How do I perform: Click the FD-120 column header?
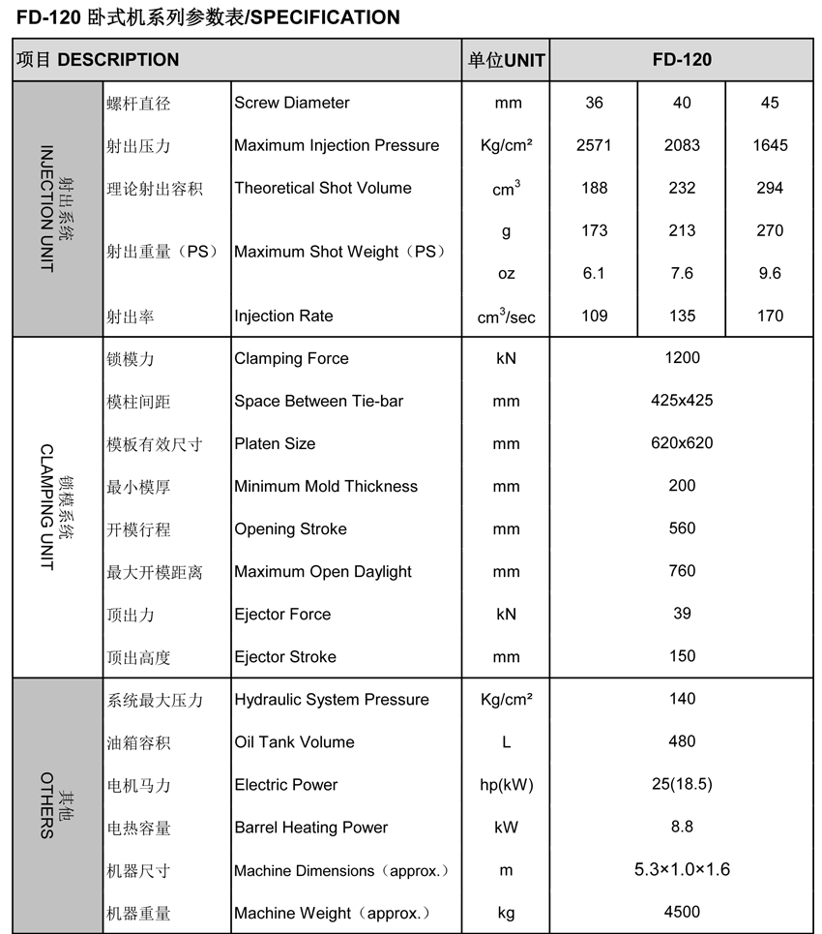click(682, 60)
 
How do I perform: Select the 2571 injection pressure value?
click(594, 145)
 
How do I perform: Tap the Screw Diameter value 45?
click(770, 103)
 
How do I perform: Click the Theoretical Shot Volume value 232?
click(682, 188)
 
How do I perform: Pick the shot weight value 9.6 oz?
click(770, 273)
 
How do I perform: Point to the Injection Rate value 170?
click(770, 316)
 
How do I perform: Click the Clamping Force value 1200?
click(682, 358)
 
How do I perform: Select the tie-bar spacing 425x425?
click(682, 401)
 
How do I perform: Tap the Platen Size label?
click(275, 443)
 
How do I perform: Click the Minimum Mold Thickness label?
click(326, 486)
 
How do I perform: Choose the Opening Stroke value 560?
click(682, 528)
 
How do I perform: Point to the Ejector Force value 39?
click(682, 614)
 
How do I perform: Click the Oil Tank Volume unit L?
click(506, 742)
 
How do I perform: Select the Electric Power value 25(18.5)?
click(682, 785)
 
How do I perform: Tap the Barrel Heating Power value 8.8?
click(682, 828)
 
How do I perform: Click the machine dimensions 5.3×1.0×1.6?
click(682, 870)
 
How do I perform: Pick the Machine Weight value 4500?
click(682, 912)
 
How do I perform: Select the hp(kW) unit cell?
click(506, 785)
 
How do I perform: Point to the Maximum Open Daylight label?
click(323, 571)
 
